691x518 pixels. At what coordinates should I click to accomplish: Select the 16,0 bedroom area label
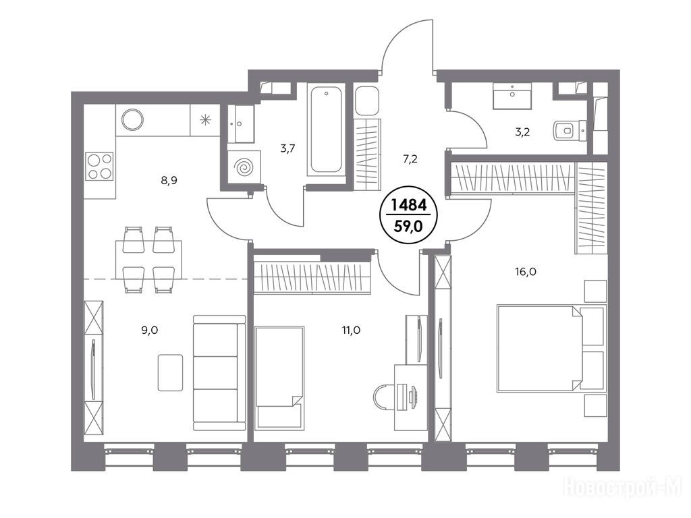point(525,272)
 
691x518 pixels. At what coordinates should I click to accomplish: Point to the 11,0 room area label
point(351,330)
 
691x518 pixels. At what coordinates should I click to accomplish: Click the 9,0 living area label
point(149,330)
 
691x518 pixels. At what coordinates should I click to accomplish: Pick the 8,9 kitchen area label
point(169,179)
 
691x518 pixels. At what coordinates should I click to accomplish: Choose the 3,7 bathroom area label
point(287,148)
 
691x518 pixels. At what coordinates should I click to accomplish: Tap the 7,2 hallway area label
point(410,159)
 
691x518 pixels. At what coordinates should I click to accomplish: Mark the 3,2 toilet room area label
point(522,132)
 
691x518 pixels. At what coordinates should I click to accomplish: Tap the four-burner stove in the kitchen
point(100,166)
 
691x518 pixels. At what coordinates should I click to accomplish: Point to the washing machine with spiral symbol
point(244,167)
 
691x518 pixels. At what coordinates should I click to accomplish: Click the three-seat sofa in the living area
point(219,372)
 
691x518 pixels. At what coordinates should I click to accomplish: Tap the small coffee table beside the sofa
point(171,372)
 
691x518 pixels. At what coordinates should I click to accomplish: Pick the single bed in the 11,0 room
point(279,377)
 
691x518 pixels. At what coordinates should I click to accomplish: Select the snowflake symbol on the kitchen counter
point(205,119)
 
